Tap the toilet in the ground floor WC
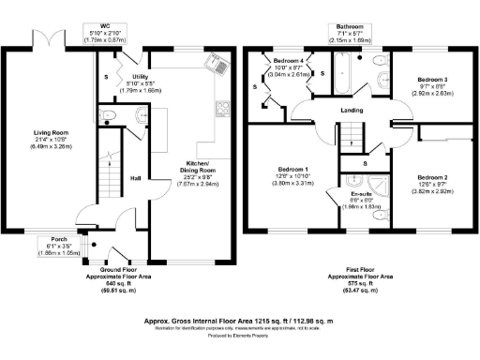pos(109,117)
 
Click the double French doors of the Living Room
pos(49,39)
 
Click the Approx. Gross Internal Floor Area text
pos(240,319)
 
